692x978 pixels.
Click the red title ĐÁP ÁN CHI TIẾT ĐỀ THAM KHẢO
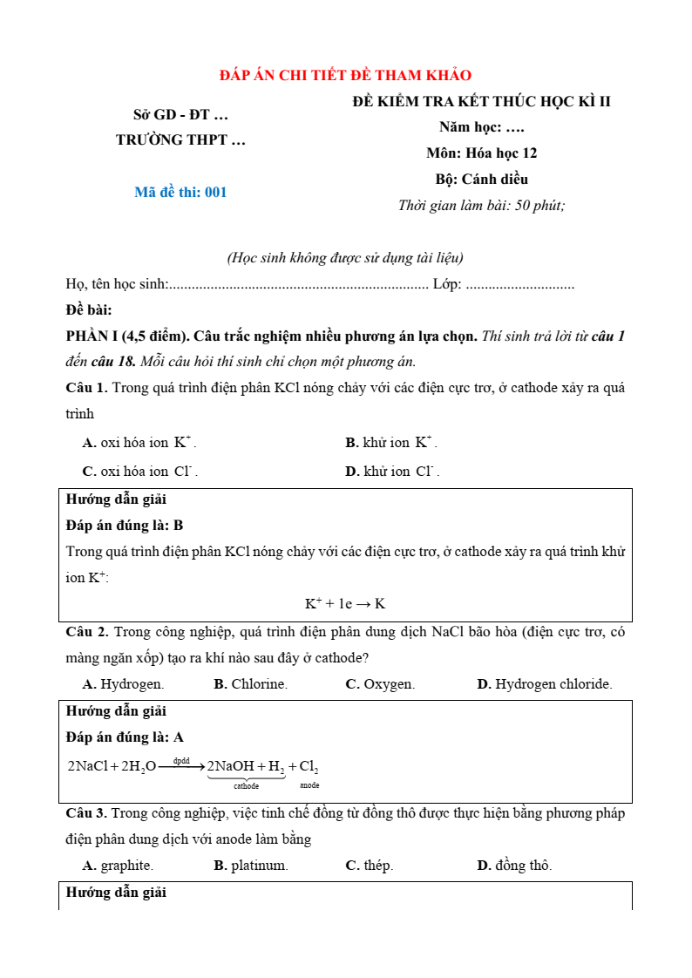pyautogui.click(x=345, y=76)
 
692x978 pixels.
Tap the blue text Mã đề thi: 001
pyautogui.click(x=180, y=193)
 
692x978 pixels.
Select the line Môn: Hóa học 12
pyautogui.click(x=481, y=153)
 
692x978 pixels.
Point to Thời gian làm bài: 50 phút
pyautogui.click(x=481, y=206)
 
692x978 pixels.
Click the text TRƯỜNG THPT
pyautogui.click(x=180, y=139)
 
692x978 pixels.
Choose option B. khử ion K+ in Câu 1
pyautogui.click(x=391, y=443)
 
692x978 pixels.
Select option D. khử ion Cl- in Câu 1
pyautogui.click(x=392, y=472)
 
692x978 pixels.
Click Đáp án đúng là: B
pyautogui.click(x=125, y=526)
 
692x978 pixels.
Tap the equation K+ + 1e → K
pyautogui.click(x=345, y=603)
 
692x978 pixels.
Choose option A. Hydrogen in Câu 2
pyautogui.click(x=123, y=684)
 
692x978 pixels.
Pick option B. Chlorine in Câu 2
pyautogui.click(x=250, y=684)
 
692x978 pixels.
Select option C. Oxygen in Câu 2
pyautogui.click(x=380, y=684)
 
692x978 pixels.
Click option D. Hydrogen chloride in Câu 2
pyautogui.click(x=544, y=684)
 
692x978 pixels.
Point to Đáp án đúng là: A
pyautogui.click(x=125, y=737)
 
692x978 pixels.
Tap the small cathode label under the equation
pyautogui.click(x=246, y=785)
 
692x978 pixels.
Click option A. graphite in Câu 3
pyautogui.click(x=118, y=866)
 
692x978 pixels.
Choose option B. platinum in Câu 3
pyautogui.click(x=250, y=866)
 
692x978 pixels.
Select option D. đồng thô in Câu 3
pyautogui.click(x=514, y=866)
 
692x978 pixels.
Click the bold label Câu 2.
pyautogui.click(x=86, y=632)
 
